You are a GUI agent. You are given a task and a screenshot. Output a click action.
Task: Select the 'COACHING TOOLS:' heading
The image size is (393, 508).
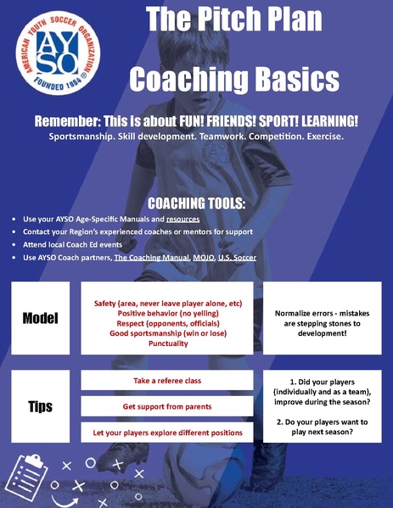pos(196,204)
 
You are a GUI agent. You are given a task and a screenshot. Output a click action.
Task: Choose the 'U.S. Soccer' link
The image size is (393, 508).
pos(237,256)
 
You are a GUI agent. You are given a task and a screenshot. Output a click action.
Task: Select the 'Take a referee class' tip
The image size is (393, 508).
pos(167,381)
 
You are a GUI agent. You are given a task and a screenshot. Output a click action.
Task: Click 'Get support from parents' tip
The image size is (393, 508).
pos(167,407)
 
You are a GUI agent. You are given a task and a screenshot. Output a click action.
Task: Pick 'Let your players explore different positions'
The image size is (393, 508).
pos(167,433)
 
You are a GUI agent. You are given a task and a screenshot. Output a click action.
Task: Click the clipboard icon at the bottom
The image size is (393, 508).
pos(31,473)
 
